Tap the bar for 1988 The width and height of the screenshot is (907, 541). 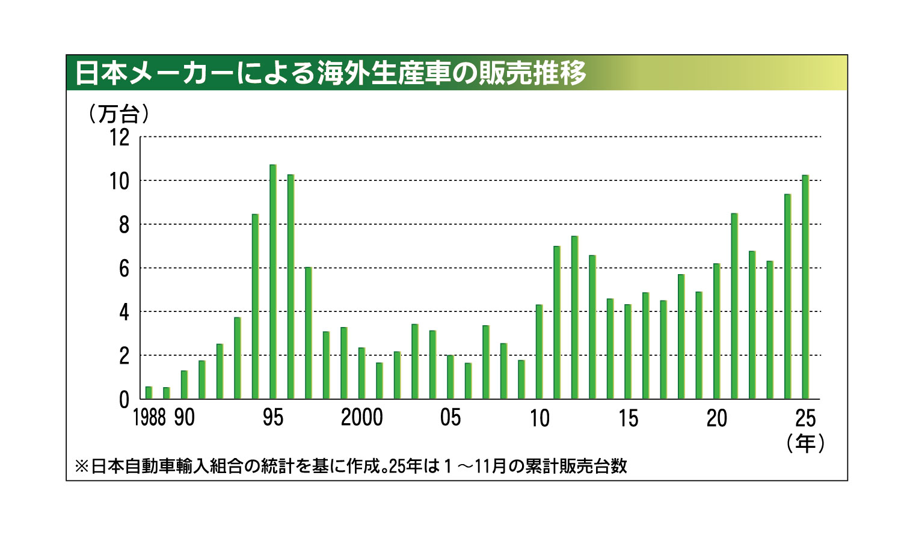[x=149, y=393]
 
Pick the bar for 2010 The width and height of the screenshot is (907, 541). [x=539, y=352]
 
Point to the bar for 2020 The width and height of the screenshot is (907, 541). [x=716, y=331]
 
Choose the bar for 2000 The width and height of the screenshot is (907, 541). [x=361, y=373]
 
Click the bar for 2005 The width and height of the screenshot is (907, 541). [x=450, y=377]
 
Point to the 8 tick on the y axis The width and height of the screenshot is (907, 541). [x=124, y=225]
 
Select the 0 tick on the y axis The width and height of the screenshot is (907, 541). [x=124, y=399]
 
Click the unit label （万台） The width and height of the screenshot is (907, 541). [x=118, y=114]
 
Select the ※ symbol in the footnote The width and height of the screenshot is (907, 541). [x=81, y=466]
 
